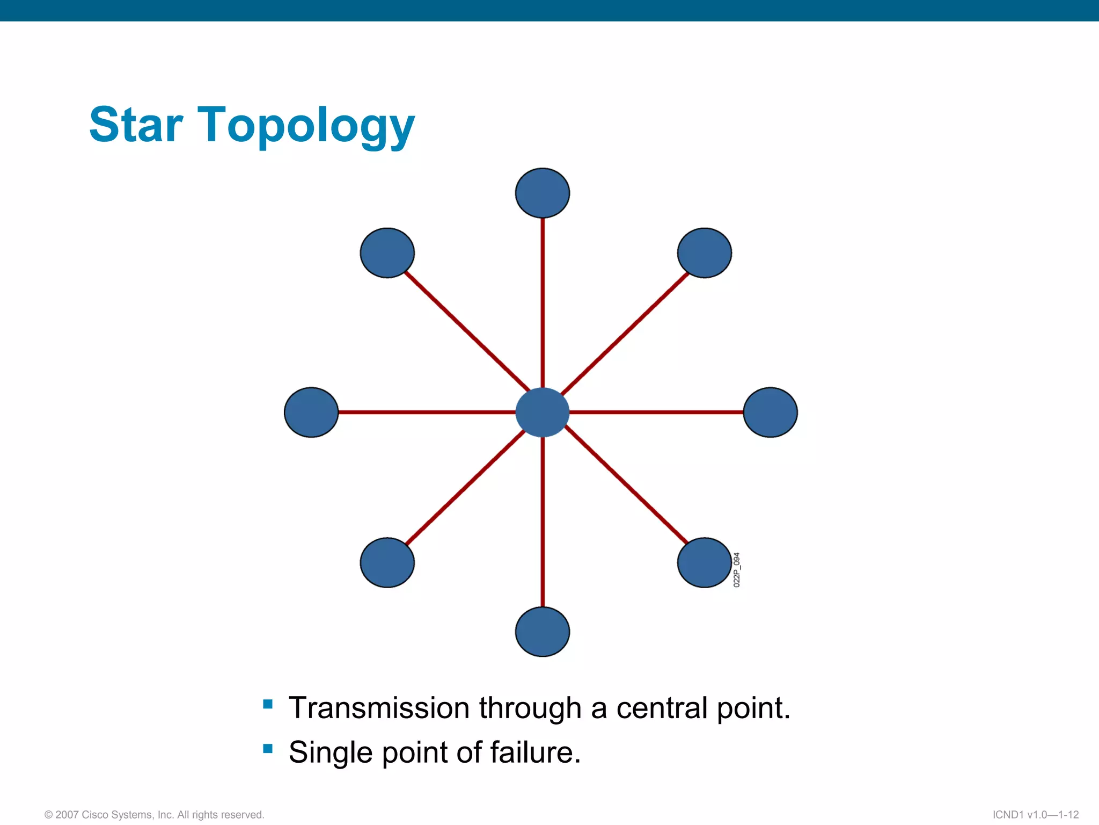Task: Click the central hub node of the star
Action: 542,412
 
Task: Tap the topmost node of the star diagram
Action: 542,193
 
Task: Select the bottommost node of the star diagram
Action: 542,632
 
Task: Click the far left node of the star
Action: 311,412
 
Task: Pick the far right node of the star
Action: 770,412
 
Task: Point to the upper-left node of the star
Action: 387,253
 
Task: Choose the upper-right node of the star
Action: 704,253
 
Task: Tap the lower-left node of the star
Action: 387,562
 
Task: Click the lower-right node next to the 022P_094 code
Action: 704,562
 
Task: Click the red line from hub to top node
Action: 543,301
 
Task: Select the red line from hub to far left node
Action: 427,412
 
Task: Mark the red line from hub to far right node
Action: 656,412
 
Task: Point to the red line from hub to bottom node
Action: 543,521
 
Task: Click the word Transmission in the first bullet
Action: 379,708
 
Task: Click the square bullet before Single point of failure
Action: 268,748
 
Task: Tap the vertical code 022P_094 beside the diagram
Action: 737,569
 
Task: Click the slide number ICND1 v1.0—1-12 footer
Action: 1035,815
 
